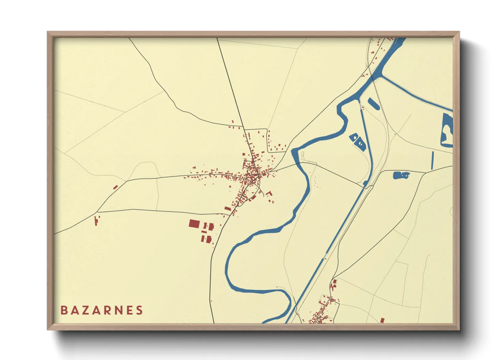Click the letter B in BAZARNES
click(64, 310)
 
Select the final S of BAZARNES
click(139, 310)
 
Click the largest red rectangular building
click(194, 224)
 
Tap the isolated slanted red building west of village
click(115, 187)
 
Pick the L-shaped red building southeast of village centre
click(269, 194)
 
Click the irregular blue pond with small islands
click(401, 175)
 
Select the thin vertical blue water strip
click(432, 160)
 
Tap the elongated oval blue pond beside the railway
click(374, 103)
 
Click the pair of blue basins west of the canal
click(357, 141)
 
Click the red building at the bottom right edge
click(382, 320)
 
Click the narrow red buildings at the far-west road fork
click(96, 220)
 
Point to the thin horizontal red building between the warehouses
click(204, 232)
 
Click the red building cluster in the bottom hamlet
click(322, 311)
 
